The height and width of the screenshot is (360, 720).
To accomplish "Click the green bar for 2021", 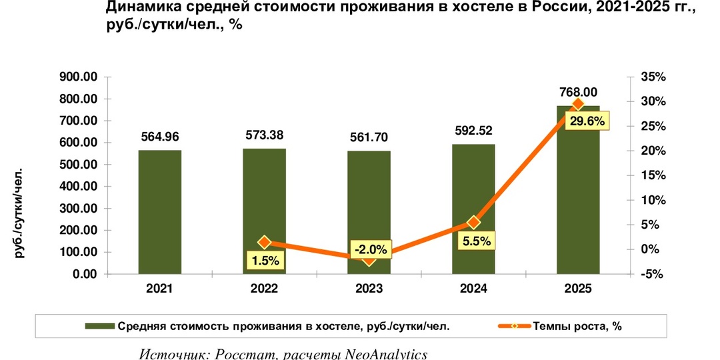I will coord(160,212).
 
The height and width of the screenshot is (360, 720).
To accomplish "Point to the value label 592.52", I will coord(473,131).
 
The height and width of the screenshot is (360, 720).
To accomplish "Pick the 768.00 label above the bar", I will coord(577,92).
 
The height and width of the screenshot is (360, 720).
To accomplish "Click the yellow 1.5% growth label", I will coord(266,259).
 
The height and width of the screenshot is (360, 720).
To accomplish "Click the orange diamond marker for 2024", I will coord(474,222).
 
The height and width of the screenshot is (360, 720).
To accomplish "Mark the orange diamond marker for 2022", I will coord(265,242).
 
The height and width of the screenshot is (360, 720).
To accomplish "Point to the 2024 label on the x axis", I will coord(473,289).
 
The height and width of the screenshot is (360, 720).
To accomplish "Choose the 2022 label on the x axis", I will coord(265,289).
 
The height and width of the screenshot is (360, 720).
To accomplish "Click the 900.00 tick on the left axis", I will coord(79,77).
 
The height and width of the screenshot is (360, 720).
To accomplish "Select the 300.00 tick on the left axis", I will coord(79,209).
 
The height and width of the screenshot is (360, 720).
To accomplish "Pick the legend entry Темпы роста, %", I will coord(577,326).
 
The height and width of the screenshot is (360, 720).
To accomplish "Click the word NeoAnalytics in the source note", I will coord(385,353).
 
